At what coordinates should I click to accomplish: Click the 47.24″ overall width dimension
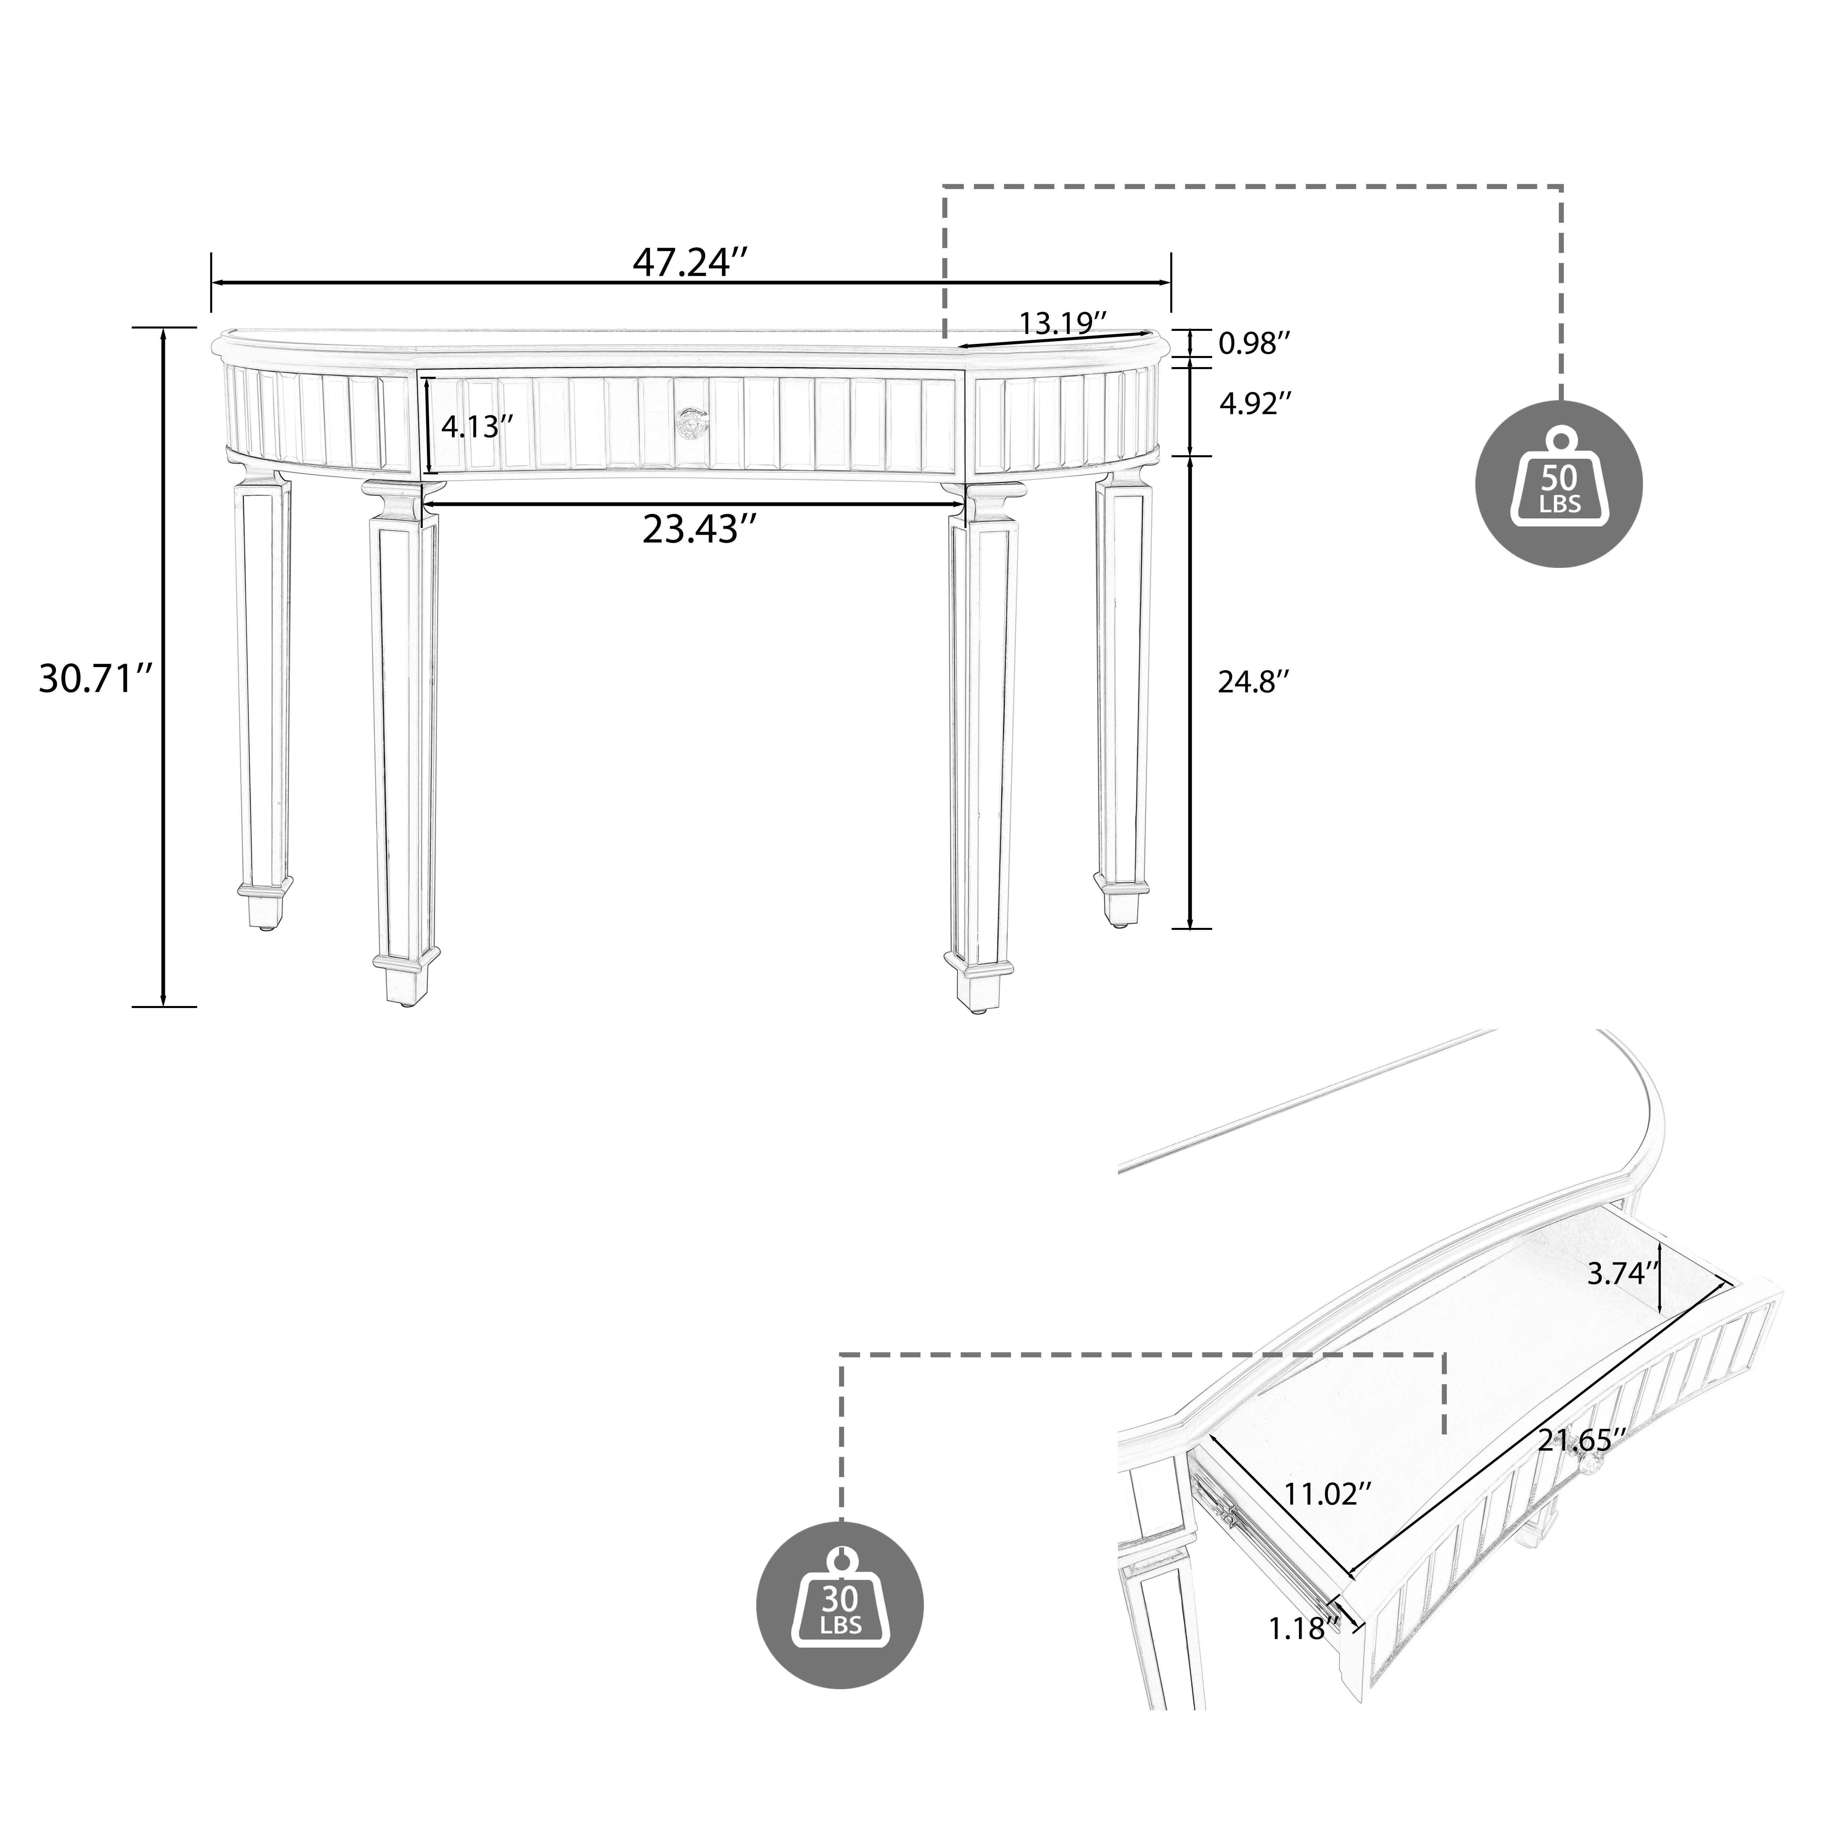tap(690, 262)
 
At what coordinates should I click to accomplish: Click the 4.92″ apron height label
tap(1254, 405)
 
